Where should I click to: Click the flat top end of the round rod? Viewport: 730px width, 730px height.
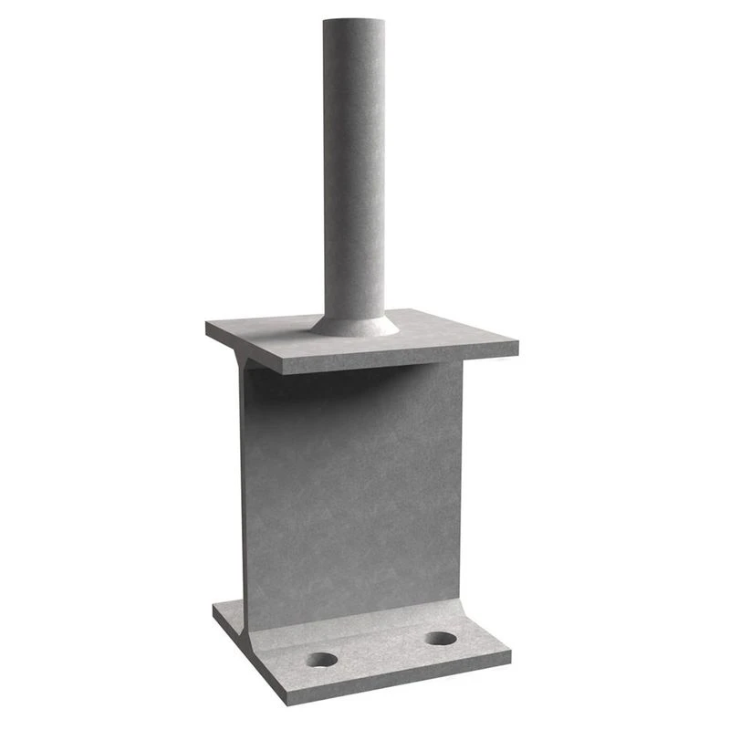(353, 20)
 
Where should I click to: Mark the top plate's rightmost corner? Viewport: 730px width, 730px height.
(517, 345)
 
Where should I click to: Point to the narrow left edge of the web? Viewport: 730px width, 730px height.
(244, 493)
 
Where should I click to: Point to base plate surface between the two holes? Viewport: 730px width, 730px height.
(381, 649)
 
